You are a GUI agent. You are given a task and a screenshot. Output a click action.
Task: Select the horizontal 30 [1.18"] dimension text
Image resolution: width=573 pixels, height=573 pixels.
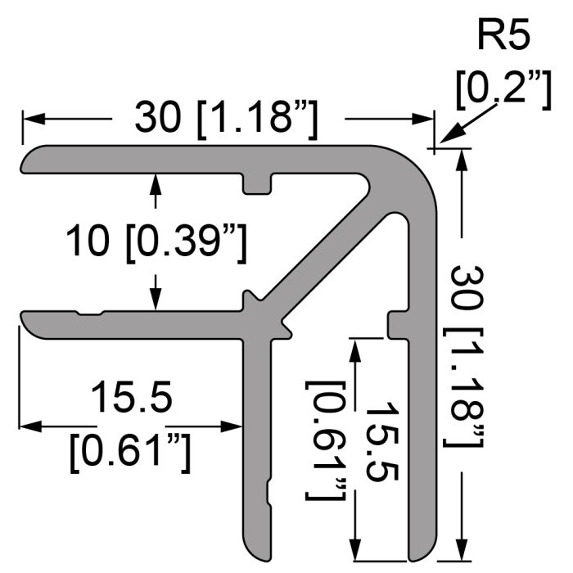tap(226, 119)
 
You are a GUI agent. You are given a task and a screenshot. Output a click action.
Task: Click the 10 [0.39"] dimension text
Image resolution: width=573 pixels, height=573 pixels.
tap(156, 242)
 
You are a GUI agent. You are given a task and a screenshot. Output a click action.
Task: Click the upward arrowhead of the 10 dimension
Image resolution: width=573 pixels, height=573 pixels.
tap(155, 180)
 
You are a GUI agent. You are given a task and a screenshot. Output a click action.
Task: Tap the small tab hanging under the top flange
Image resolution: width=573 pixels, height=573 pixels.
tap(257, 184)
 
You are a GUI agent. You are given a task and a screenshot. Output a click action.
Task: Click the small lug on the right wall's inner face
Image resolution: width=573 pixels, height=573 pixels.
tap(395, 323)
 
